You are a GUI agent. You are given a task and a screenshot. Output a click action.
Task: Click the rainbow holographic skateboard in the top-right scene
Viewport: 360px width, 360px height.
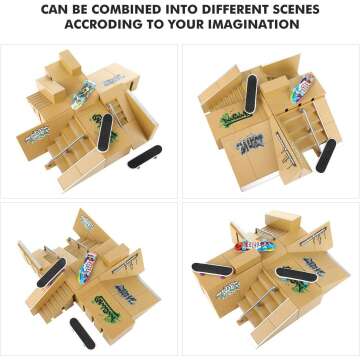302,87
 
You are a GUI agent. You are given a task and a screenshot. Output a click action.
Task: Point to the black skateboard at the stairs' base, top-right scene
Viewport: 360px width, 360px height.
326,154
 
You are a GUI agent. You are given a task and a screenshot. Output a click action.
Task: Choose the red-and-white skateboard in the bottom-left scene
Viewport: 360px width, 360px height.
88,268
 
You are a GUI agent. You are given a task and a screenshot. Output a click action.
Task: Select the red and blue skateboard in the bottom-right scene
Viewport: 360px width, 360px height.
255,244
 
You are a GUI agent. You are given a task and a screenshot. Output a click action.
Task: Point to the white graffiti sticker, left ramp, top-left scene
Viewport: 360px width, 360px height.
38,132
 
